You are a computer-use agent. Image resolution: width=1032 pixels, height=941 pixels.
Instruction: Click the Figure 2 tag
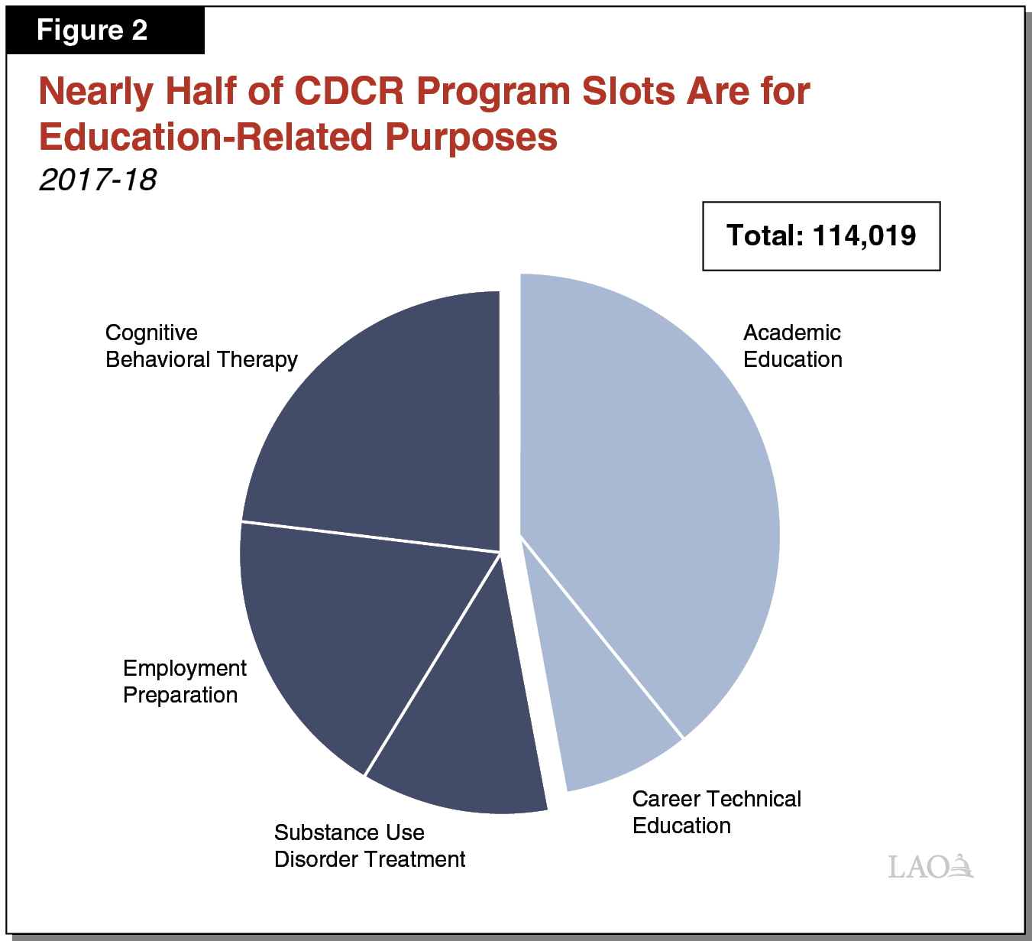click(x=92, y=31)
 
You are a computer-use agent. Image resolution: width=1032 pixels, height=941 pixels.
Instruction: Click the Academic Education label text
click(x=792, y=346)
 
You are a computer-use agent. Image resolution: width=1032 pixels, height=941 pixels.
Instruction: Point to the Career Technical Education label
click(x=716, y=812)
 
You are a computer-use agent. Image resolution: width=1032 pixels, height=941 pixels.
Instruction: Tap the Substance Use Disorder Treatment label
click(x=369, y=845)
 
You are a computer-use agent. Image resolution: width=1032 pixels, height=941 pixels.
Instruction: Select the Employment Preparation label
click(x=184, y=681)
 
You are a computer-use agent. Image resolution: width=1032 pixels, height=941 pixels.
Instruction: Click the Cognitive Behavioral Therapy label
click(x=201, y=346)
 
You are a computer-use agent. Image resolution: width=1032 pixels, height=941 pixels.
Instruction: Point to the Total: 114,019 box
click(x=820, y=236)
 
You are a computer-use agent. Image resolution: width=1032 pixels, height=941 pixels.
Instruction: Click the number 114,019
click(x=864, y=236)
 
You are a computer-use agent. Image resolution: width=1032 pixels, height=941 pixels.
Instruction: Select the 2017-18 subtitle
click(x=98, y=180)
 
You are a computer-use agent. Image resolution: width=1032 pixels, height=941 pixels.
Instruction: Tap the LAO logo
click(x=930, y=866)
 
